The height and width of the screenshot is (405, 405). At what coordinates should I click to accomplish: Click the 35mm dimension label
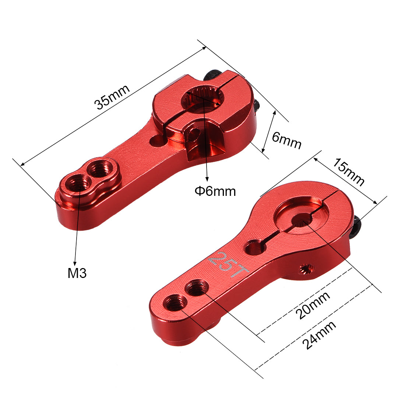coord(112,97)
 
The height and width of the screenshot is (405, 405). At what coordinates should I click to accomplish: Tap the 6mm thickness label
coord(286,141)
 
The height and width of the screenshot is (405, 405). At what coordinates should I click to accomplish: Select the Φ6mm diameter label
coord(215,192)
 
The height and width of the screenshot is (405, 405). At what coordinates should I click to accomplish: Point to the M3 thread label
coord(77,273)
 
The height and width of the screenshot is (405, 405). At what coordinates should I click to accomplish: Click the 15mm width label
coord(348,172)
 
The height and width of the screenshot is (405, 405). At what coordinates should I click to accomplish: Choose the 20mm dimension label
coord(313,305)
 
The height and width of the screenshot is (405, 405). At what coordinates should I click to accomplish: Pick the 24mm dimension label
coord(319,335)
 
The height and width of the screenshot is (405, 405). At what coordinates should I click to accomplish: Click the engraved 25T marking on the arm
coord(228,265)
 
